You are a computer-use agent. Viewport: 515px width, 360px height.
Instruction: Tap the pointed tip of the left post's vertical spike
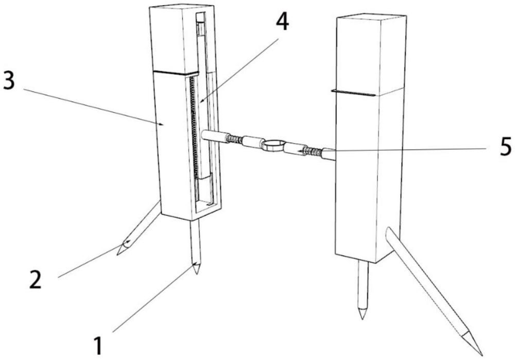pos(196,273)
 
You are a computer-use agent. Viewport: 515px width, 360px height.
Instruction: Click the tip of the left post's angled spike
pos(117,254)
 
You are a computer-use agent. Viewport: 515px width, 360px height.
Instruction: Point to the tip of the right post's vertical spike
pos(362,318)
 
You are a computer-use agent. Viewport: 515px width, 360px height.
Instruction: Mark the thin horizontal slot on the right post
pos(353,93)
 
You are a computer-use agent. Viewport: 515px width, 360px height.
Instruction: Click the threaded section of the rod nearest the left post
pos(235,140)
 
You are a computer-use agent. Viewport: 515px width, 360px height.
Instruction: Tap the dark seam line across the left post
pos(176,73)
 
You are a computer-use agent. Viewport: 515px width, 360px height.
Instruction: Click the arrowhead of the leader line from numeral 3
pos(161,124)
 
